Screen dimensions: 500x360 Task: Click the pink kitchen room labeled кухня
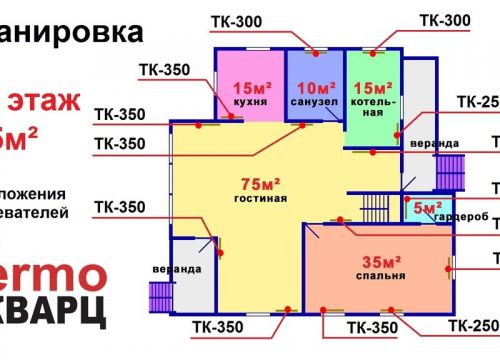coord(249,85)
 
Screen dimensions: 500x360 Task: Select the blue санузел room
coord(316,85)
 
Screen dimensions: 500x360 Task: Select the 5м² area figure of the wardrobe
coord(426,208)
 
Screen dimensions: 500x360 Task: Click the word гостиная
coord(262,198)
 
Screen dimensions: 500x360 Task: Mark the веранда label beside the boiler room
coord(421,143)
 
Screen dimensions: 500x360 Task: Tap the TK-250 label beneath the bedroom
coord(472,326)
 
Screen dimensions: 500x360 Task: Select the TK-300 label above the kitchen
coord(237,21)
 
